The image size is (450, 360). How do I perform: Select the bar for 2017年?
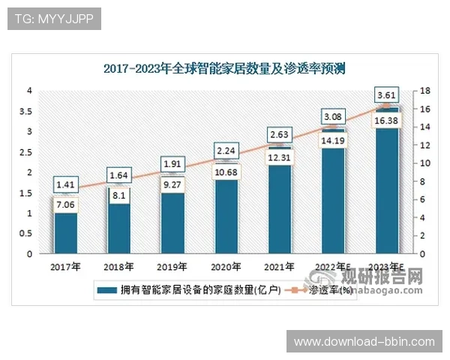pyautogui.click(x=65, y=232)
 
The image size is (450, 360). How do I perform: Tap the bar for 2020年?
pyautogui.click(x=226, y=217)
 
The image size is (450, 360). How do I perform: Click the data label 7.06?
pyautogui.click(x=65, y=202)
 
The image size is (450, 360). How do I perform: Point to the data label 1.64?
pyautogui.click(x=118, y=176)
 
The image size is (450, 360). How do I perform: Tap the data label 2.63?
pyautogui.click(x=279, y=135)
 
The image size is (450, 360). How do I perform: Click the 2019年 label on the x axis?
pyautogui.click(x=172, y=266)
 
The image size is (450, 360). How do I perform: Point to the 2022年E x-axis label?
pyautogui.click(x=333, y=266)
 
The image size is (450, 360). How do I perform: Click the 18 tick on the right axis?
pyautogui.click(x=424, y=91)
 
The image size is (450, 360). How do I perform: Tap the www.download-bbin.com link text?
pyautogui.click(x=364, y=342)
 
